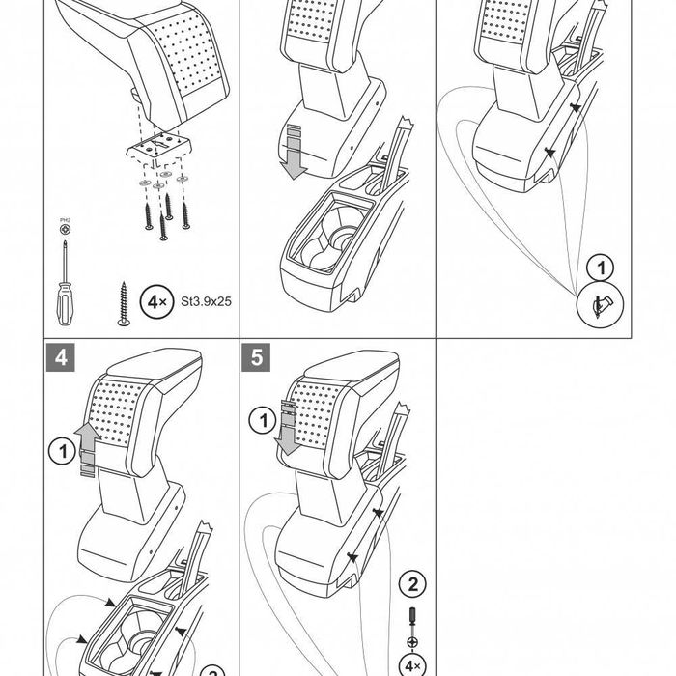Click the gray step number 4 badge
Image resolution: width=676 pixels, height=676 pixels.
pos(61,356)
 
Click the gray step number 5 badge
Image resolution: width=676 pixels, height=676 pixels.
pos(256,356)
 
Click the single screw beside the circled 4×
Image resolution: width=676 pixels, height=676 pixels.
pos(123,304)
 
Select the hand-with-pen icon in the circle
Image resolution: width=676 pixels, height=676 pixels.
pos(601,305)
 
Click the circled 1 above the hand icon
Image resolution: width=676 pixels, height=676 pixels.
pos(601,267)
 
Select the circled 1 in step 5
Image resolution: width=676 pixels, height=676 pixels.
pos(260,421)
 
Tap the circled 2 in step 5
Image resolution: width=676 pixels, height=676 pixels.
pos(413,582)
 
